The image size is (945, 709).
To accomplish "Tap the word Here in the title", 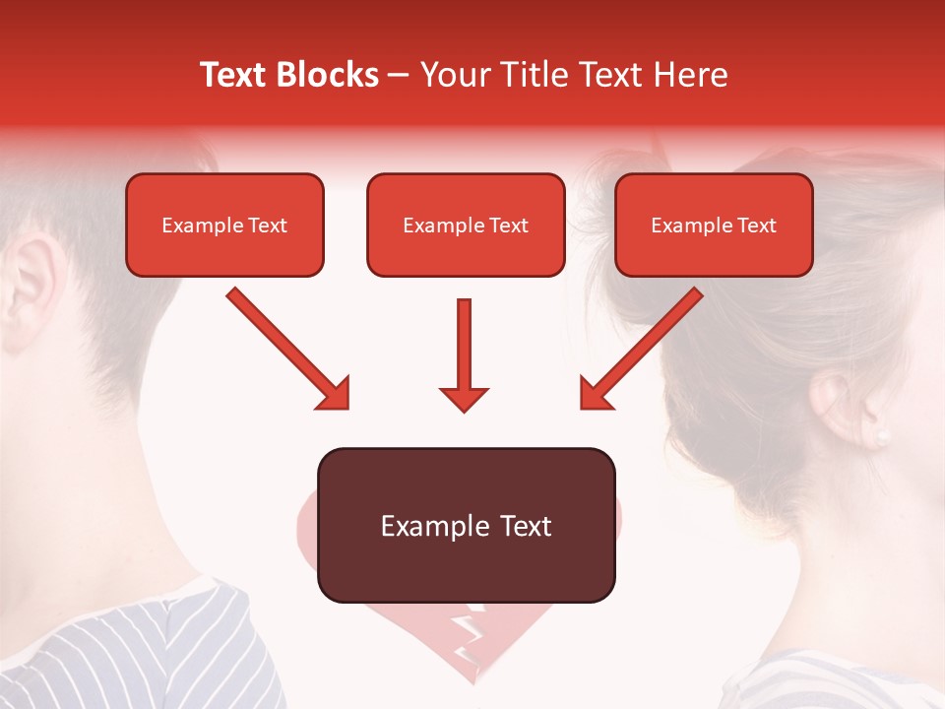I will click(x=690, y=75).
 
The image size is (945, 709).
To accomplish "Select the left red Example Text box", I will click(x=224, y=226).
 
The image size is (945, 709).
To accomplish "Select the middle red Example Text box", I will click(x=466, y=226).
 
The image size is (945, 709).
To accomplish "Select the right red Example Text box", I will click(x=714, y=226).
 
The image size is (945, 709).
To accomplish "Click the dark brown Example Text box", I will click(x=466, y=526).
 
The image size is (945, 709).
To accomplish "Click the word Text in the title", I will click(x=236, y=75).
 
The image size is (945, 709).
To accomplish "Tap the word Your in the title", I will click(x=452, y=75).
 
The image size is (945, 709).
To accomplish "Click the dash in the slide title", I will click(x=400, y=76).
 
